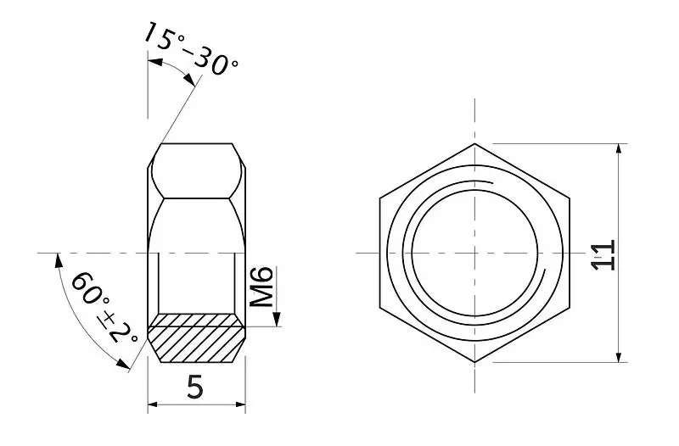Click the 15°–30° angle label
[190, 48]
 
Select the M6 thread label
[262, 287]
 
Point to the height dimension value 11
[603, 255]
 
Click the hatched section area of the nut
[196, 337]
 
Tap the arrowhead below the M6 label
[277, 320]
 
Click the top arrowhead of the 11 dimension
[620, 150]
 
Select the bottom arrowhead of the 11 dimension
[620, 355]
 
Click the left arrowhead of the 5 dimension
[155, 404]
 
